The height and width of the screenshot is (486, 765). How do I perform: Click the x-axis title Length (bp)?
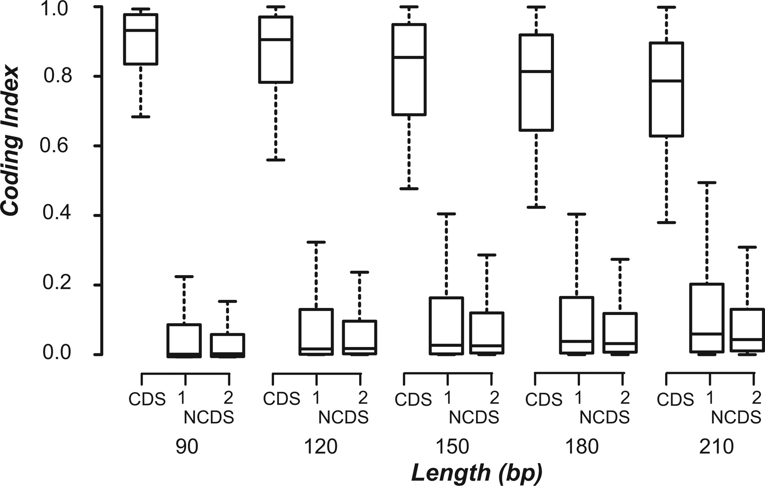(x=477, y=473)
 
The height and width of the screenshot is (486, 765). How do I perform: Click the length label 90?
(x=187, y=447)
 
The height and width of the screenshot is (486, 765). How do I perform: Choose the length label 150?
(x=452, y=447)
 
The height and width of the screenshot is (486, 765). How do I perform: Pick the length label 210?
(x=717, y=447)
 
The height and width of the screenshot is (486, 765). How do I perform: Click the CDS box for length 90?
(x=141, y=39)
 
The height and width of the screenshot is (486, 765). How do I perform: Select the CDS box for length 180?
(x=536, y=82)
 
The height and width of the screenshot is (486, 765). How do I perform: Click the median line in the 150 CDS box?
(x=408, y=57)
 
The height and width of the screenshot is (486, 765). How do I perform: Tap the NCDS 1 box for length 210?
(x=707, y=318)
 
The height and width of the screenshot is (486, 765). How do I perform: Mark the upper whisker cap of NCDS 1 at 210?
(x=707, y=182)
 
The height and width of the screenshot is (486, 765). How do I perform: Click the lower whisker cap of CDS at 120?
(x=275, y=160)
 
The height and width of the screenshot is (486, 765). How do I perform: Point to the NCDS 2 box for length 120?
(x=359, y=337)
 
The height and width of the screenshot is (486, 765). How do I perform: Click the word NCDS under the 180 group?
(x=604, y=418)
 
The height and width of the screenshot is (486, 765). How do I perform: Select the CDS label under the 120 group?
(x=281, y=399)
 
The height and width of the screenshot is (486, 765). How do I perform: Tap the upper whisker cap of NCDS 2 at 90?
(x=227, y=301)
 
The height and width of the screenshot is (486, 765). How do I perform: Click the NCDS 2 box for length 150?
(x=487, y=333)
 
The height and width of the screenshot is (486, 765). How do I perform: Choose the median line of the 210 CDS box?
(x=666, y=81)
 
